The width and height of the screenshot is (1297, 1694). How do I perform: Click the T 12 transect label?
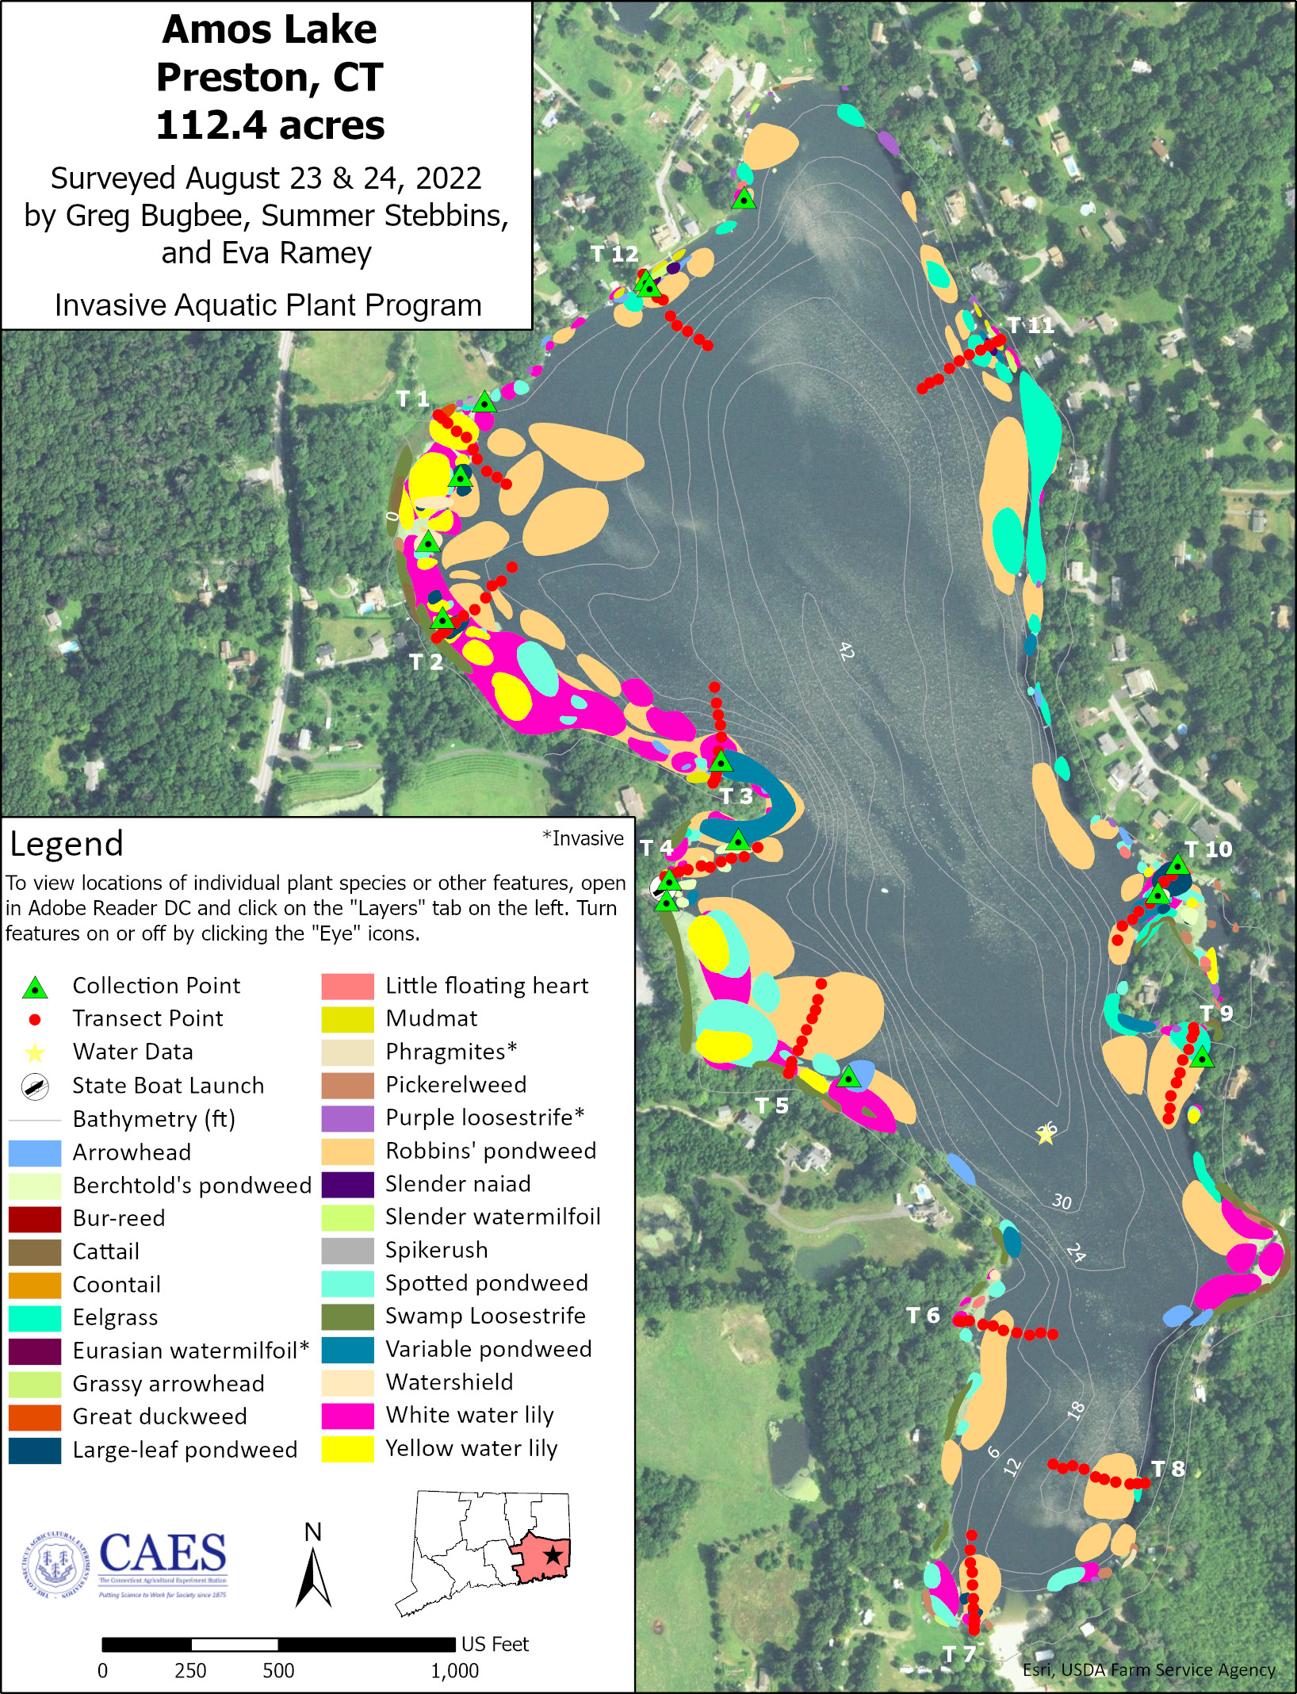point(614,254)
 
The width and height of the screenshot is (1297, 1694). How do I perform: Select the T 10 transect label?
point(1208,849)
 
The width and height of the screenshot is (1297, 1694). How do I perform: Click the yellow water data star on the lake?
point(1046,1136)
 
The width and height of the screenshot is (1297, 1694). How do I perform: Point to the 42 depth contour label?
point(846,652)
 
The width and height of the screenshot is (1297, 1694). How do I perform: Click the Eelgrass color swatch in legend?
point(34,1318)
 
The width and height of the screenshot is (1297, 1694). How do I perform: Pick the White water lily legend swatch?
point(347,1416)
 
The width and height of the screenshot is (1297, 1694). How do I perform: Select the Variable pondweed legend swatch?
point(347,1350)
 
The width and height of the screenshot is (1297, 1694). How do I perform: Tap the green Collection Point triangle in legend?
point(35,987)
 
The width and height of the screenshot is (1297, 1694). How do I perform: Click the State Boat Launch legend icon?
point(35,1087)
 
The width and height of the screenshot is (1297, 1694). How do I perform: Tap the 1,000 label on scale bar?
point(454,1671)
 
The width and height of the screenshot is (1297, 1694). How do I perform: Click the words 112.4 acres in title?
point(270,125)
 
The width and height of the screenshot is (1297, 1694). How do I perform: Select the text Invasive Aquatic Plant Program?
point(268,305)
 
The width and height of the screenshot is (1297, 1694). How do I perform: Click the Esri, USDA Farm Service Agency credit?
point(1149,1669)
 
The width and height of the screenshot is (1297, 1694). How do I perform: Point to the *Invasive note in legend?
point(583,838)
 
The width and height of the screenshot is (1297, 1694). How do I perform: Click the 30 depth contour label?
point(1062,1202)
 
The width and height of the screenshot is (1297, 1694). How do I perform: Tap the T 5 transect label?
point(771,1106)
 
